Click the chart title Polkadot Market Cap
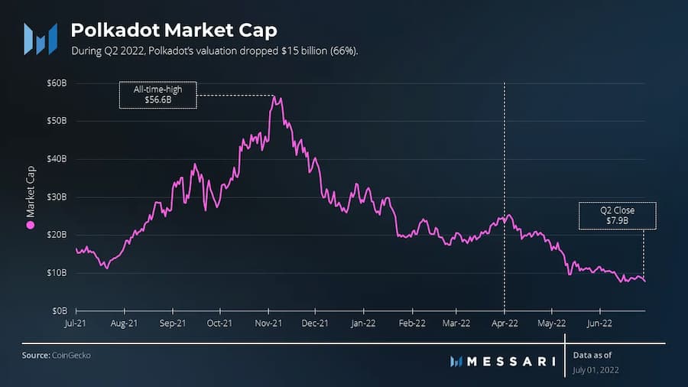click(x=174, y=30)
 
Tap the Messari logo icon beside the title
click(x=40, y=39)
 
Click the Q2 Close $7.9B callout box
click(x=618, y=216)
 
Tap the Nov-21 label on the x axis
click(x=268, y=323)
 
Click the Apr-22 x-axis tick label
click(x=504, y=323)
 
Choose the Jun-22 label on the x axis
click(x=599, y=323)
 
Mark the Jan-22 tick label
click(x=363, y=323)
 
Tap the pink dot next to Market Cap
click(x=31, y=225)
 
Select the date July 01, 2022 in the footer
click(x=596, y=370)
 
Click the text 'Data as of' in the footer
click(x=592, y=355)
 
